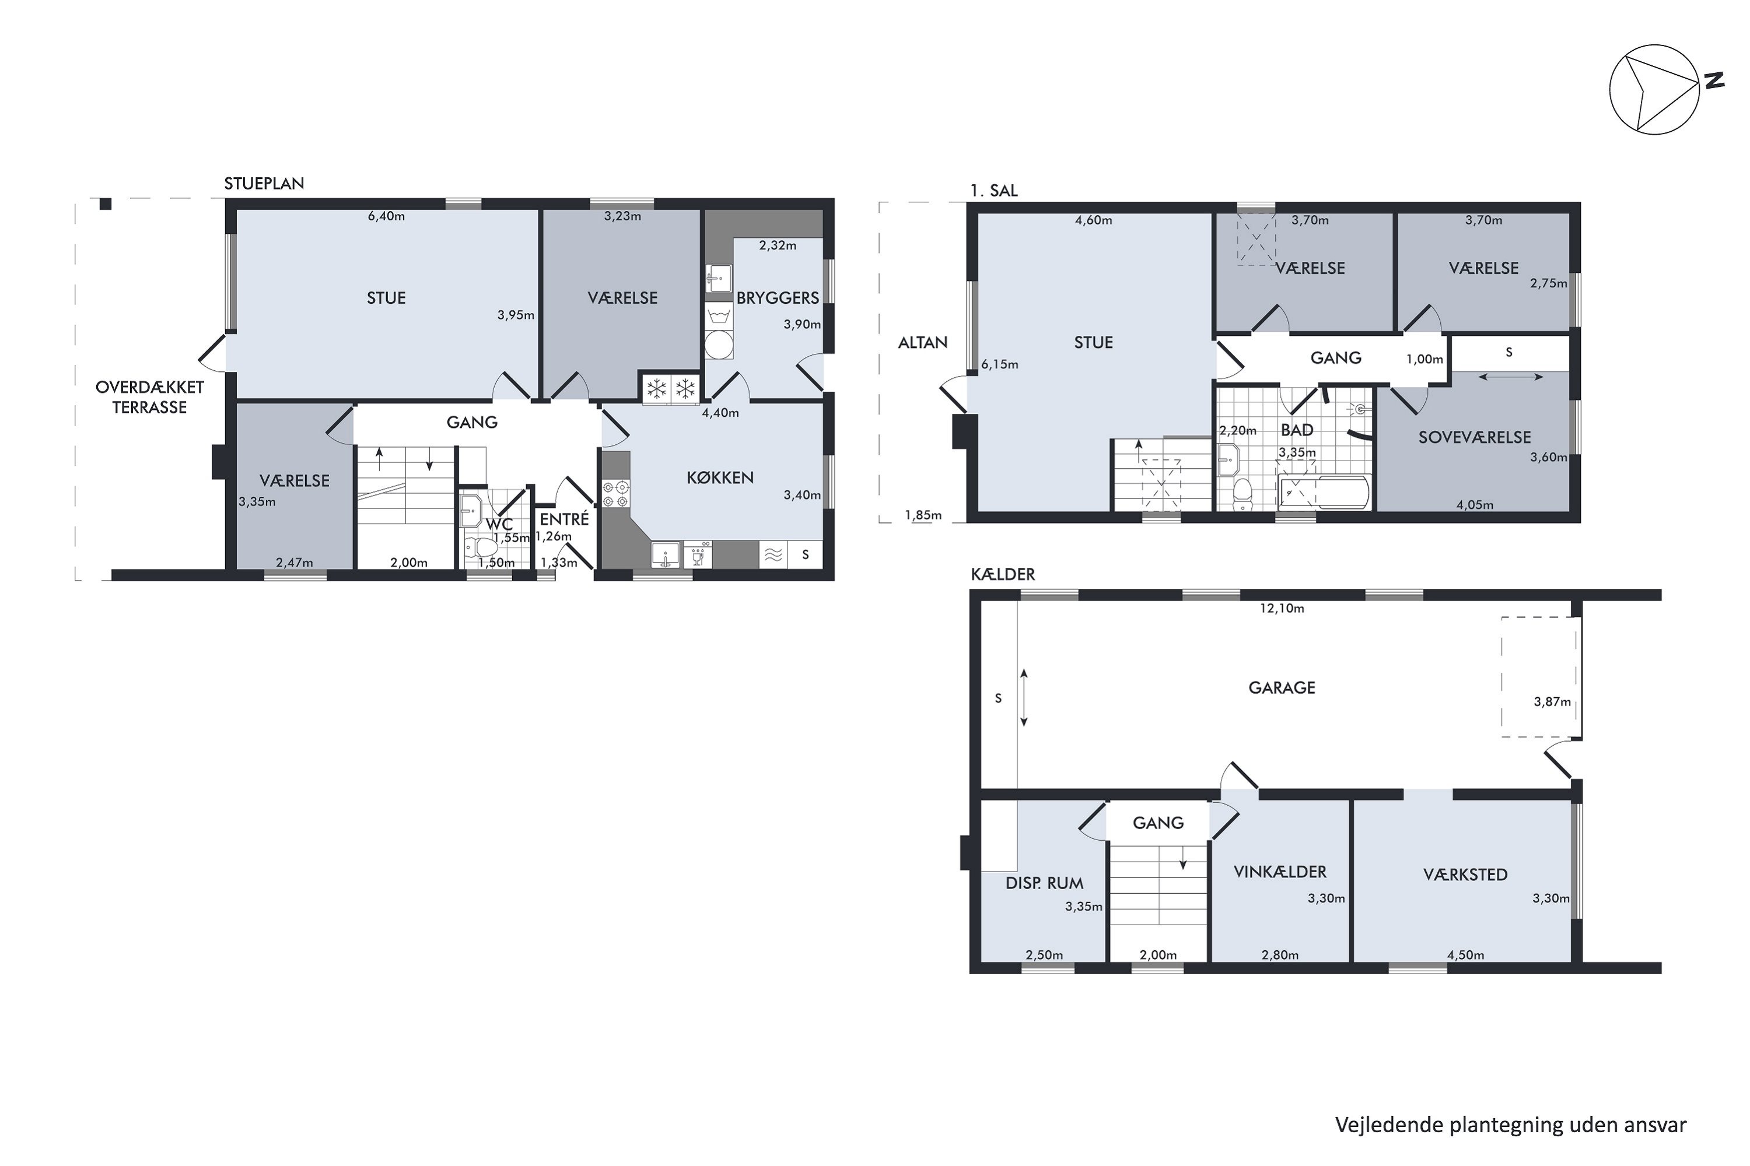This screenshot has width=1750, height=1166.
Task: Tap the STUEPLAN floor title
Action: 264,184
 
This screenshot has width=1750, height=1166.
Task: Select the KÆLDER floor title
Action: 1003,574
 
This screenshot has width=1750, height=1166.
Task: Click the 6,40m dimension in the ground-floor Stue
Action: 386,216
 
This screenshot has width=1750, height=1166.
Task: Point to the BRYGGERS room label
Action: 778,298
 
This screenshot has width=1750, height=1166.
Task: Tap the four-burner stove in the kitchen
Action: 616,494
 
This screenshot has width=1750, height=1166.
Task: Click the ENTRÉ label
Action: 564,519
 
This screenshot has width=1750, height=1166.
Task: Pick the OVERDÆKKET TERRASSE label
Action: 149,397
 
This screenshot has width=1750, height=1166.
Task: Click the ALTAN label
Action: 923,343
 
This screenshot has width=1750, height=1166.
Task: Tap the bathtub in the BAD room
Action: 1324,492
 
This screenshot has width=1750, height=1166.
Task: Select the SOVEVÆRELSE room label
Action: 1474,437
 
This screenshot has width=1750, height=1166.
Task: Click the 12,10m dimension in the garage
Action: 1281,608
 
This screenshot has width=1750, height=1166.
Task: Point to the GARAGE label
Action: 1281,688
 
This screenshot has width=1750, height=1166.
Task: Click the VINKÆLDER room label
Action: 1280,872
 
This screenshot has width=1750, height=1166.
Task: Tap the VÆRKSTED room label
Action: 1465,874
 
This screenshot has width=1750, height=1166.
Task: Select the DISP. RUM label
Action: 1044,883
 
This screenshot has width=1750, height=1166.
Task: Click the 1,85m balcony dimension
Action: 923,515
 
